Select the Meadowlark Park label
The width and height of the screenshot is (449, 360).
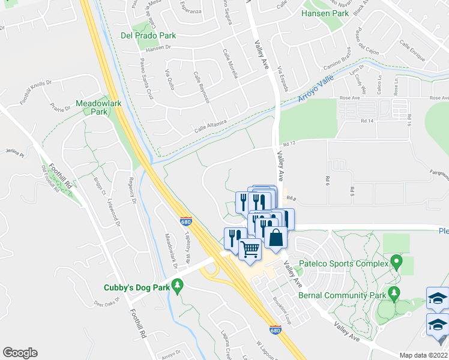pyautogui.click(x=99, y=107)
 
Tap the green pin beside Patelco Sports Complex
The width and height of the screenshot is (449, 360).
pyautogui.click(x=396, y=261)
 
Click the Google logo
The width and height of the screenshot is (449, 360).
pyautogui.click(x=20, y=353)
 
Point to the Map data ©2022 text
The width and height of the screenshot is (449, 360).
pyautogui.click(x=423, y=355)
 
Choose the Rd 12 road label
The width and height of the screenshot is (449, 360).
pyautogui.click(x=291, y=143)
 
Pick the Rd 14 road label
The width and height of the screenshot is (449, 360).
pyautogui.click(x=367, y=121)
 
